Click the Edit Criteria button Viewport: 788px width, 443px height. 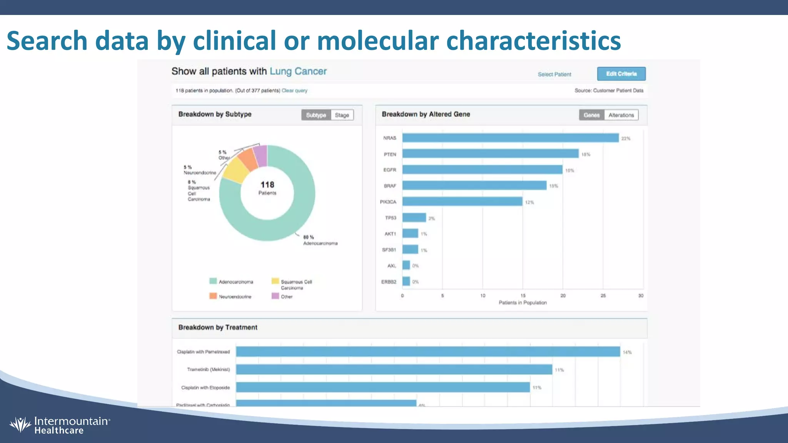tap(621, 74)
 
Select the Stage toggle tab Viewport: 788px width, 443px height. tap(342, 115)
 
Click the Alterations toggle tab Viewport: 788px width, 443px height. tap(621, 115)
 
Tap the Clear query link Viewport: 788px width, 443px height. tap(294, 91)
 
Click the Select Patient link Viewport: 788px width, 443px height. tap(554, 74)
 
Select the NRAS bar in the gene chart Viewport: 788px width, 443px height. tap(510, 138)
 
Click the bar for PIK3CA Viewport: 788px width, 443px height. tap(462, 202)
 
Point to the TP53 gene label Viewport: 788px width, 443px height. tap(390, 218)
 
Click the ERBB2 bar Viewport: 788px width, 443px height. tap(406, 281)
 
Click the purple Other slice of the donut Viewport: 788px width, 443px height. tap(261, 156)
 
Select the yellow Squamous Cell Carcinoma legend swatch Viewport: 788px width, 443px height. tap(275, 281)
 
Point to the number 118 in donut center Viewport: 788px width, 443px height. tap(267, 185)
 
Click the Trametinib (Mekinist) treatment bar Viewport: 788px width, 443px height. tap(394, 370)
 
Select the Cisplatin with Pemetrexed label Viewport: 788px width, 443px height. tap(203, 352)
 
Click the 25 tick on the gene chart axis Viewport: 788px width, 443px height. tap(603, 296)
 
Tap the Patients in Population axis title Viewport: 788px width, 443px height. tap(523, 303)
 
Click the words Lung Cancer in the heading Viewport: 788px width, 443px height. tap(298, 72)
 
